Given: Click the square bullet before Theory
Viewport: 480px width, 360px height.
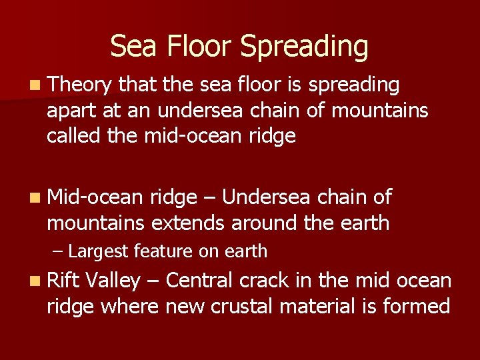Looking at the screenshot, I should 35,85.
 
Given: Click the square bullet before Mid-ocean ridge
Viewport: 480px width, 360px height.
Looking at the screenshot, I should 35,197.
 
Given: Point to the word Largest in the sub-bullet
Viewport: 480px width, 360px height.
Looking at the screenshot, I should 99,251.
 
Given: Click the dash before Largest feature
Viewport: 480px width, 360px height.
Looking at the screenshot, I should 58,252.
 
